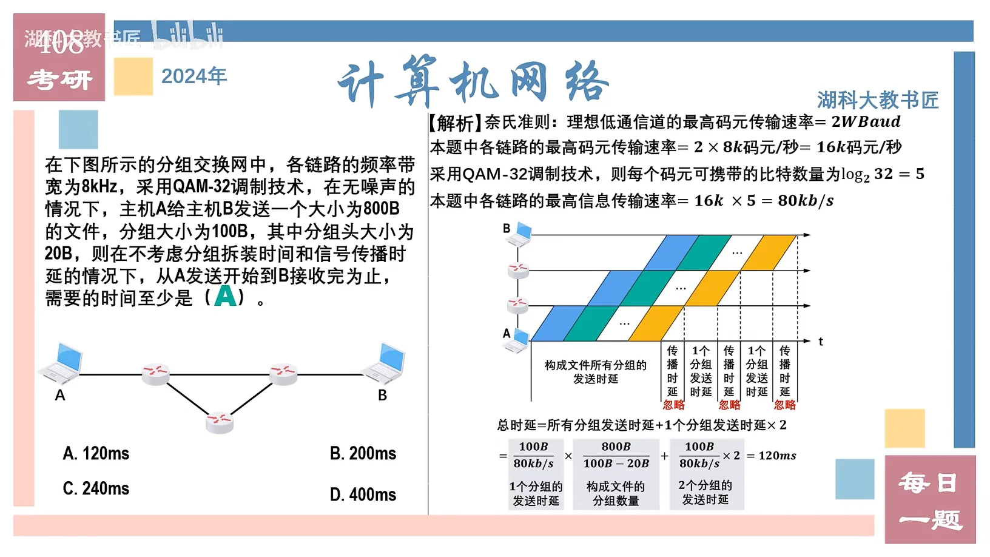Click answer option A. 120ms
point(96,454)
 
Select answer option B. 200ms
point(363,454)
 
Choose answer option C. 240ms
point(96,488)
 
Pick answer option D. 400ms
point(363,495)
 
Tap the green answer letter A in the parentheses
point(225,296)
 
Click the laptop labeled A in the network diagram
point(62,363)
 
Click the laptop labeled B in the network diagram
point(384,363)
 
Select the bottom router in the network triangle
point(220,423)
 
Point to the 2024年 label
point(194,76)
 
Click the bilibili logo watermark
point(187,35)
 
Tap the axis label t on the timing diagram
point(821,342)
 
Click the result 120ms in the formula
point(778,456)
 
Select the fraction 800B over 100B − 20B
point(616,455)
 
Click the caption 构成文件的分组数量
point(616,494)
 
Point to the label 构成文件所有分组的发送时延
point(595,372)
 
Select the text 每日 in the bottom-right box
point(930,483)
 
